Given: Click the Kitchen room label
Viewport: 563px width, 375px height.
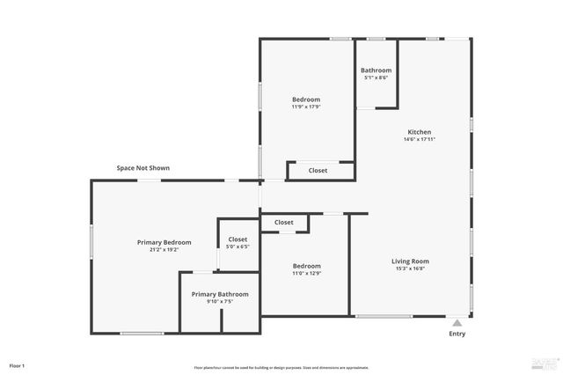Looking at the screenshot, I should (418, 132).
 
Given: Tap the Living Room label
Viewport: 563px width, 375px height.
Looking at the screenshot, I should (410, 261).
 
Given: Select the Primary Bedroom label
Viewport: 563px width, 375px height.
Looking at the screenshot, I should (164, 242).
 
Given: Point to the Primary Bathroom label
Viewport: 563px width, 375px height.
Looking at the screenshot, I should (220, 294).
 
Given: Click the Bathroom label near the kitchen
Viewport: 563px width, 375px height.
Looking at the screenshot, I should (376, 70).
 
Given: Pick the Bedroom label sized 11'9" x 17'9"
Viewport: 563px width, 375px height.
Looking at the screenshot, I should (306, 99).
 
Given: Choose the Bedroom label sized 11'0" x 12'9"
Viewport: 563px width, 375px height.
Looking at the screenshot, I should (306, 266).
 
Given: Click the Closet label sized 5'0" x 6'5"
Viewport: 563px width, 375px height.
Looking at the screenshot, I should (238, 239).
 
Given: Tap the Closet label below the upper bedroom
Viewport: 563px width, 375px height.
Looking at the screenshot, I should (318, 171).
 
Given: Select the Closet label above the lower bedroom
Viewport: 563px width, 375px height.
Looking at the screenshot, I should (283, 223).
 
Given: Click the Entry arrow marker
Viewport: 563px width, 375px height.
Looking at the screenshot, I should (457, 323).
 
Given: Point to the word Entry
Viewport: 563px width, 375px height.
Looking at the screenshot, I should (457, 334).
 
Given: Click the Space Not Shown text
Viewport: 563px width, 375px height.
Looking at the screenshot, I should (143, 167).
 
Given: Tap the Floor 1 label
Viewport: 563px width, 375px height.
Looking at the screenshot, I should (17, 365).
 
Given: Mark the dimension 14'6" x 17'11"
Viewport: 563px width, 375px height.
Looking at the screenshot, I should (420, 139).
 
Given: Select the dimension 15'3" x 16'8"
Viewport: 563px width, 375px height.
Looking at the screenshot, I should (410, 268).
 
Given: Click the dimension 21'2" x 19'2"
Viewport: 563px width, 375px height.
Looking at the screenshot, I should (164, 250).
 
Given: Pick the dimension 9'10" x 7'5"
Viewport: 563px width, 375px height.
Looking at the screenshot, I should (220, 302).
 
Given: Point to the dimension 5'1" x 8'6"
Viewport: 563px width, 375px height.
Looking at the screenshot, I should (376, 77).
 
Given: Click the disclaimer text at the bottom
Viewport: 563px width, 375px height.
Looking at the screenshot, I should (281, 367).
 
